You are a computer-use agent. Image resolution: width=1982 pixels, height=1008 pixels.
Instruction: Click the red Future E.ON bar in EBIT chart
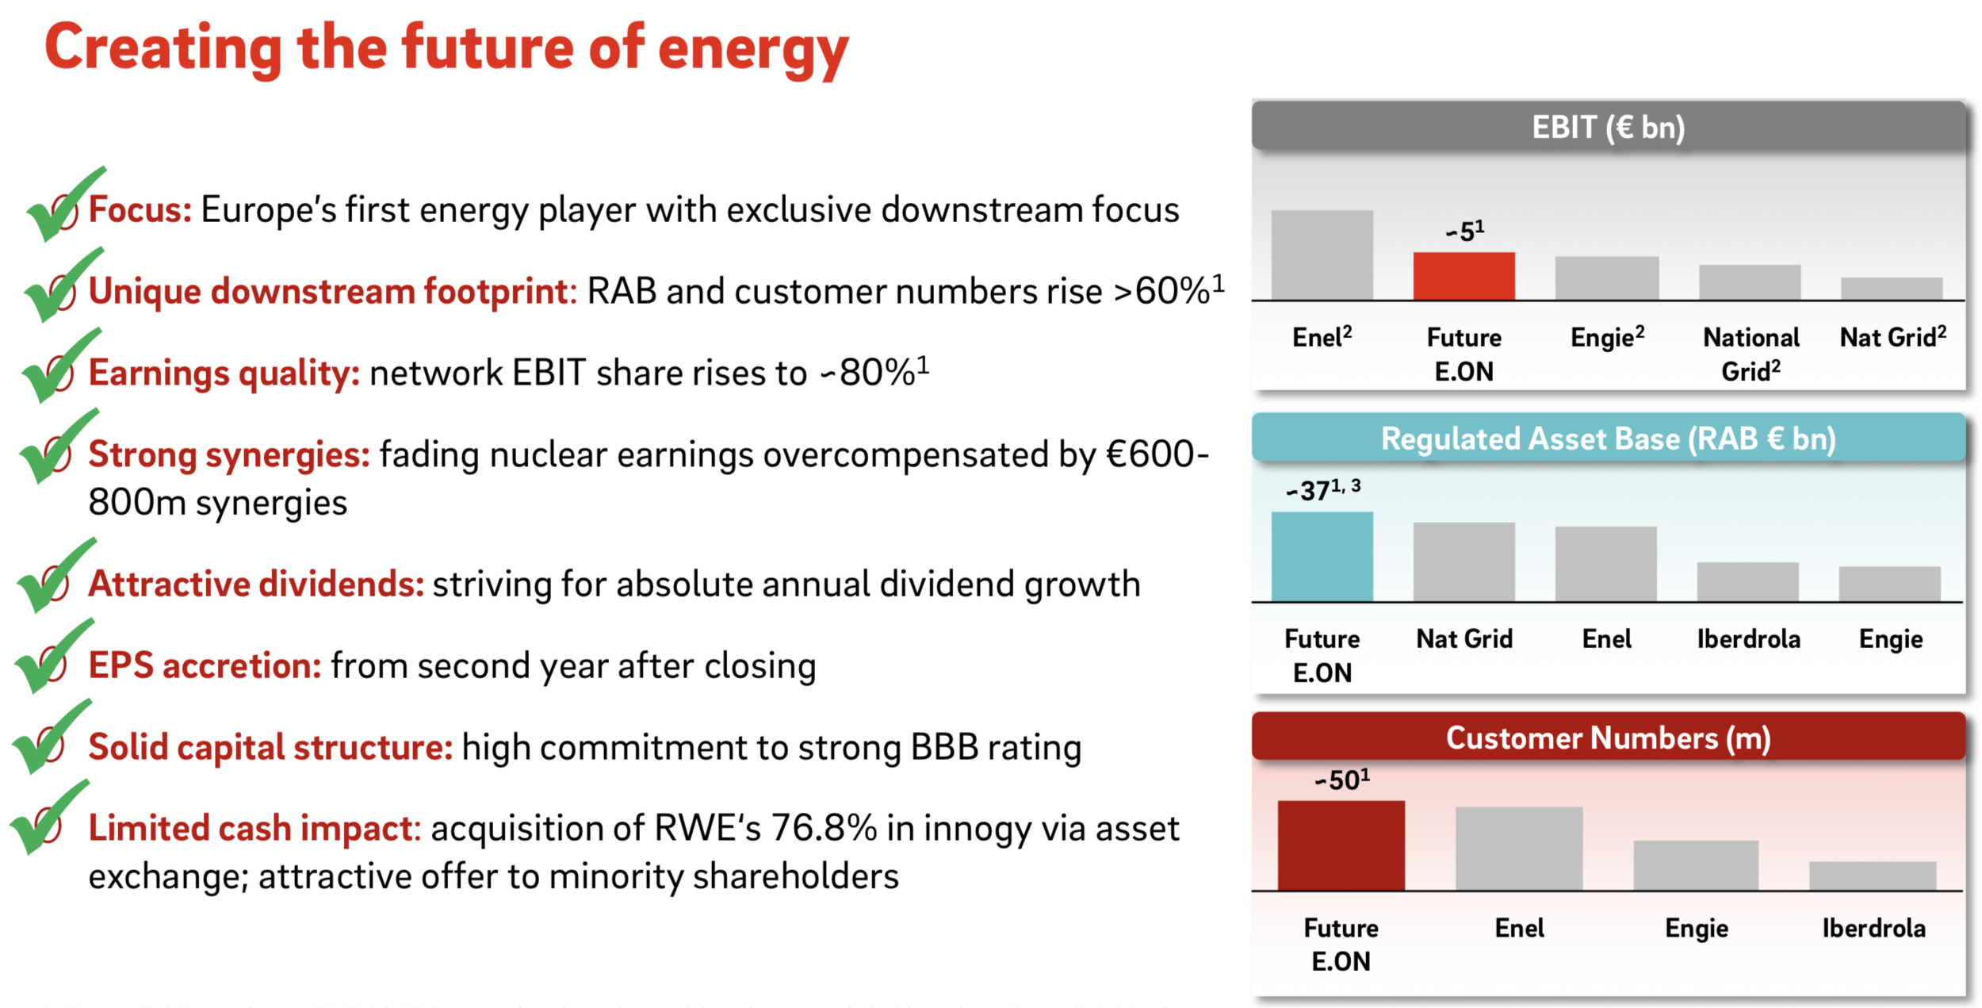click(1464, 276)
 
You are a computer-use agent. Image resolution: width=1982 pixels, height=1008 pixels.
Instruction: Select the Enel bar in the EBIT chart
click(1322, 255)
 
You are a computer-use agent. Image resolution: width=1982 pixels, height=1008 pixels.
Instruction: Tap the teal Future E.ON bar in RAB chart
click(1322, 556)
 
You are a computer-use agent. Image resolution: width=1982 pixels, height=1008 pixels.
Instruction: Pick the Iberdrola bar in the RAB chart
click(1747, 581)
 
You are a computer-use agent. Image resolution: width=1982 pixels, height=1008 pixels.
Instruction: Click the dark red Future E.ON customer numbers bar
click(1341, 845)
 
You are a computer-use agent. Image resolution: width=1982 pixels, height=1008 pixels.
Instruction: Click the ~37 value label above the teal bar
click(1322, 489)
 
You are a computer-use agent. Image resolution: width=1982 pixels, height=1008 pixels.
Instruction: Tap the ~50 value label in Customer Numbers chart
click(1341, 780)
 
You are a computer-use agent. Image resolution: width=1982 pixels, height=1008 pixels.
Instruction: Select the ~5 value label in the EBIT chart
click(1464, 231)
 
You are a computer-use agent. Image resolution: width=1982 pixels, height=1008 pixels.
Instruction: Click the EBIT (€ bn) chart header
click(1608, 127)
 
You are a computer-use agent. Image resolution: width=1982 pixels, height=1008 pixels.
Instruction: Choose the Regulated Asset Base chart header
click(1608, 438)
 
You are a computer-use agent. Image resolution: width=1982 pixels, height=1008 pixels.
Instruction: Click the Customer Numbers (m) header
click(1608, 738)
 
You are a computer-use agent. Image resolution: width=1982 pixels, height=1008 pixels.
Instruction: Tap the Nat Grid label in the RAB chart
click(1464, 638)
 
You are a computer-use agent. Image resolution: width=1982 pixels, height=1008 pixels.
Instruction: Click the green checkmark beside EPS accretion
click(52, 658)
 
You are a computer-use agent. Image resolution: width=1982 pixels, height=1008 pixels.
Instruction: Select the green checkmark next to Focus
click(62, 205)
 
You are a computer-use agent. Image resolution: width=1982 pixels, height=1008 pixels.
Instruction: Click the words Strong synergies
click(228, 454)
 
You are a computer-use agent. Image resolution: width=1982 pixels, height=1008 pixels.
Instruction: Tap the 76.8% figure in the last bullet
click(824, 828)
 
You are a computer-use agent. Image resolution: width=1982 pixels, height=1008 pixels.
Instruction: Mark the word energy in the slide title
click(752, 49)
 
